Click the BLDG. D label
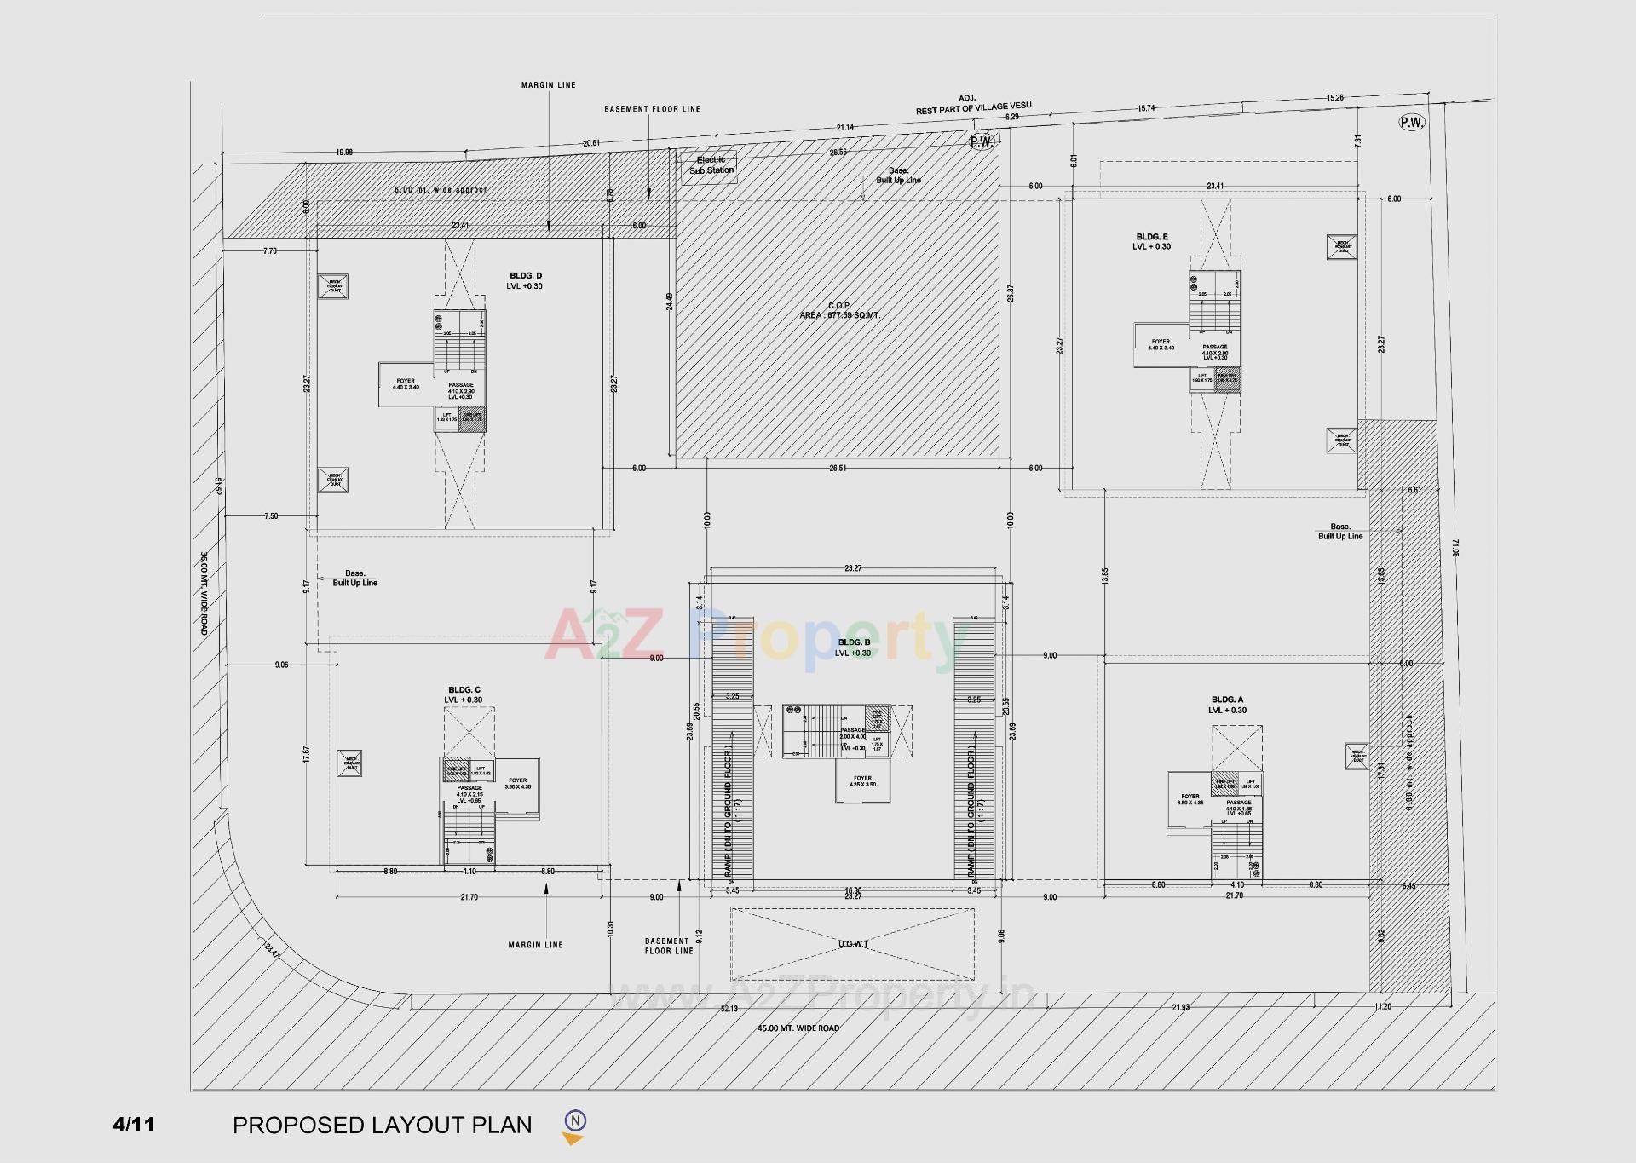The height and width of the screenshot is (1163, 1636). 525,276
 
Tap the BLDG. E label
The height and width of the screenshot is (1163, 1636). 1152,237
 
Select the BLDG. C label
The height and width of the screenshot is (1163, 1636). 464,690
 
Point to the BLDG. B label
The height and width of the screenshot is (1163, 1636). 854,642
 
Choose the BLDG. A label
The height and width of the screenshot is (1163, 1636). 1227,700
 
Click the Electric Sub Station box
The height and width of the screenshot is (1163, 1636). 711,165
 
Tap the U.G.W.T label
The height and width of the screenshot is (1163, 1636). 853,944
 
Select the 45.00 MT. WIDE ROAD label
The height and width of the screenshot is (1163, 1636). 798,1028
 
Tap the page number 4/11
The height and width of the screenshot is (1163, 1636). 134,1125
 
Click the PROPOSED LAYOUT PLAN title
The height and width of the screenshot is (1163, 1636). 382,1126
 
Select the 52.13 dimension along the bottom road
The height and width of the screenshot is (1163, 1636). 729,1009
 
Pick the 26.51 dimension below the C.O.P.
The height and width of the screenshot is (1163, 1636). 838,469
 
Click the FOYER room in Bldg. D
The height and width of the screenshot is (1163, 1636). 406,384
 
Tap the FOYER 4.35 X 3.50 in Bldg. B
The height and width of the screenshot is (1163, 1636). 862,781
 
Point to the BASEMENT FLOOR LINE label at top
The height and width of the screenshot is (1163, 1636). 652,109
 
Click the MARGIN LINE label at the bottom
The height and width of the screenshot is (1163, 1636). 535,945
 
